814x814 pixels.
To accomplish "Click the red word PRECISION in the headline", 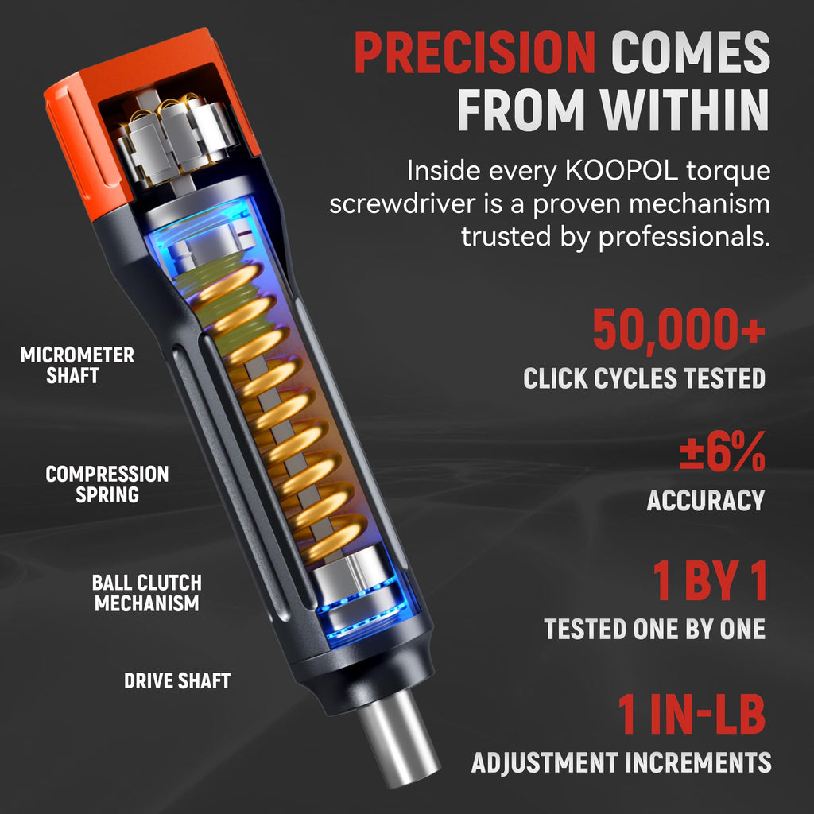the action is [475, 52].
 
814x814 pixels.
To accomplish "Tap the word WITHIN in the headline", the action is [684, 110].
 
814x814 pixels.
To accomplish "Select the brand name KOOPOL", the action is [621, 171].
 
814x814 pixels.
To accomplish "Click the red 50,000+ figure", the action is [679, 330].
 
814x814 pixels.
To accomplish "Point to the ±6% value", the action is [723, 452].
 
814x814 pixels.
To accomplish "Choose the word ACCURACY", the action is [706, 500].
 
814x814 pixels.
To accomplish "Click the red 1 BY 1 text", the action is [710, 581].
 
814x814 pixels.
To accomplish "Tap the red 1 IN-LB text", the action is [692, 714].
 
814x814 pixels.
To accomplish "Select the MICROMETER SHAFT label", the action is [77, 365].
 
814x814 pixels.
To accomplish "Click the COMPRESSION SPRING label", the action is [107, 484].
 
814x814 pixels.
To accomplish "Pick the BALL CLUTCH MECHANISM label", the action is [147, 593].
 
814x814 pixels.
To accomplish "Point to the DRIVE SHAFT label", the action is [177, 680].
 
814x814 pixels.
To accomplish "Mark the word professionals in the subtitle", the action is [684, 237].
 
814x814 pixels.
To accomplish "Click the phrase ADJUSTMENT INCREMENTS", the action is [621, 762].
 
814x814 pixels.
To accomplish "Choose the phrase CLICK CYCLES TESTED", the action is [644, 378].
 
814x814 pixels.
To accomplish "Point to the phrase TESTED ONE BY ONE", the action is [655, 630].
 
